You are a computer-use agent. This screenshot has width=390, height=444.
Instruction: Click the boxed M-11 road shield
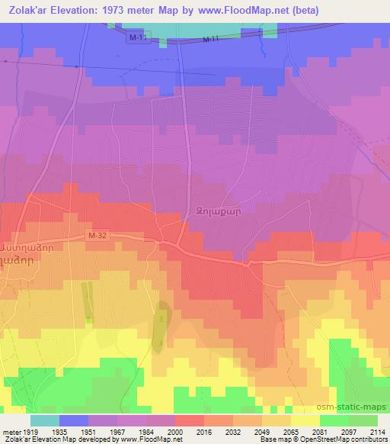136,38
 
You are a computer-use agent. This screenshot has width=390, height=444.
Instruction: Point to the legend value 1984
147,431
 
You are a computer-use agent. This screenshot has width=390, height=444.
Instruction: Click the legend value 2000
175,431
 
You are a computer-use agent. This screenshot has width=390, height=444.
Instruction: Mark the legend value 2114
376,431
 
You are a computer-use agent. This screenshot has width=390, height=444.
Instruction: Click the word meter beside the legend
10,431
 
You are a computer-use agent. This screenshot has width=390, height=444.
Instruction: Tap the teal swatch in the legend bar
44,420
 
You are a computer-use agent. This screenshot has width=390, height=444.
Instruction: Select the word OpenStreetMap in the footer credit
339,439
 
